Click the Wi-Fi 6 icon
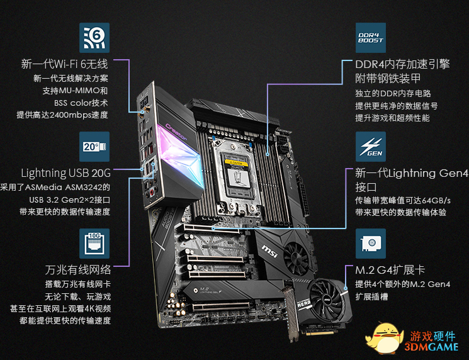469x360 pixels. point(94,38)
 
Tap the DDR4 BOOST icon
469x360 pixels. point(371,38)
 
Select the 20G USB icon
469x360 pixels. point(94,147)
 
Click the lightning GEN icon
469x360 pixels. point(371,147)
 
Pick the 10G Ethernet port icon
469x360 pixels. point(94,244)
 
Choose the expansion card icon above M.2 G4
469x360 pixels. point(371,244)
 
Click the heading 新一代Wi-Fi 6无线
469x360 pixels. point(64,64)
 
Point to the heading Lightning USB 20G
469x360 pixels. point(66,173)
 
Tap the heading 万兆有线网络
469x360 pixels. point(78,270)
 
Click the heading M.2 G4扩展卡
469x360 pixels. point(390,270)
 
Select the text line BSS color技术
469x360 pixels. point(81,103)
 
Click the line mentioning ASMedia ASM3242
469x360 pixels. point(55,188)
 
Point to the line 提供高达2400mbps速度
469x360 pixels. point(62,115)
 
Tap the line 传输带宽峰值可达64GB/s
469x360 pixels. point(403,200)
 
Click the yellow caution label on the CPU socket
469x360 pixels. point(236,162)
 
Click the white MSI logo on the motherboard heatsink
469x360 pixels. point(269,251)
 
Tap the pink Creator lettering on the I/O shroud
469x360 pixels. point(176,132)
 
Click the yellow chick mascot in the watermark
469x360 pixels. point(384,338)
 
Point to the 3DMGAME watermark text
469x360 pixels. point(431,347)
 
